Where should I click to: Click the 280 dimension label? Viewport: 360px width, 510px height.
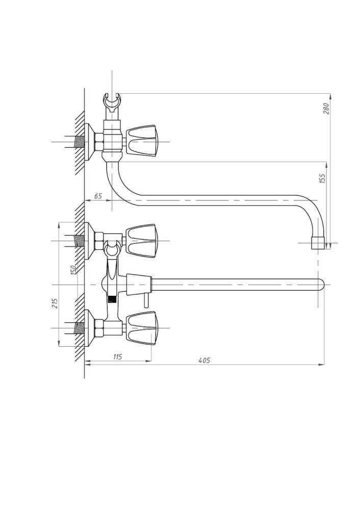[x=326, y=108]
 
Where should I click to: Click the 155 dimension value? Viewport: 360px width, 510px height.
[x=322, y=178]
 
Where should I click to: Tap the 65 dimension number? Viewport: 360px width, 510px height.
[x=98, y=196]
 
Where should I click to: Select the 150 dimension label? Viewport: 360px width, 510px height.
[x=73, y=270]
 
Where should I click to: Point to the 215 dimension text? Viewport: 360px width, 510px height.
[x=55, y=303]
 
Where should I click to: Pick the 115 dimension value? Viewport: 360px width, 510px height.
[x=117, y=357]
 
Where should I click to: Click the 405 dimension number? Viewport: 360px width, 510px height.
[x=204, y=361]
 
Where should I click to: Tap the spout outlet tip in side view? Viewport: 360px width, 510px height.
[x=318, y=243]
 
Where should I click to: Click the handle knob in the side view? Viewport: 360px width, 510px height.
[x=142, y=142]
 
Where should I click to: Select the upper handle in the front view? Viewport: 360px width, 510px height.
[x=142, y=241]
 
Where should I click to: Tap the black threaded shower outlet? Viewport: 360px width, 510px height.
[x=112, y=299]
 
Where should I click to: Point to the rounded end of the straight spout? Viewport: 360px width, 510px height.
[x=321, y=285]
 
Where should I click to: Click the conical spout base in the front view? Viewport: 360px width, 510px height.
[x=139, y=285]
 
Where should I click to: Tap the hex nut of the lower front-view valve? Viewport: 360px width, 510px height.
[x=99, y=328]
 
